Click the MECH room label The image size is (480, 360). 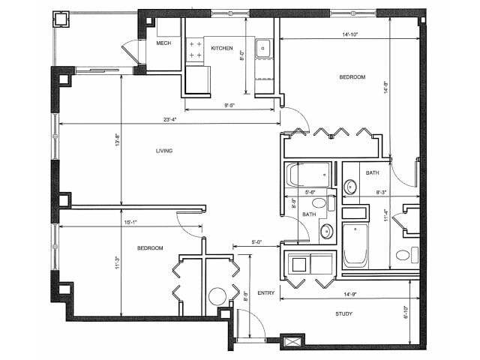click(163, 43)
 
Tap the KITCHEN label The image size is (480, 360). click(222, 48)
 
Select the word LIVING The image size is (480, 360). click(164, 151)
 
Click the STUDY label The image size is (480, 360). click(344, 313)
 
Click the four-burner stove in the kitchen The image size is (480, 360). click(195, 50)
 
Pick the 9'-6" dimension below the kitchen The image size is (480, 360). click(232, 106)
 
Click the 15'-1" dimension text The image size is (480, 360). click(131, 221)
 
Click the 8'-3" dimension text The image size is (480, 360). click(381, 192)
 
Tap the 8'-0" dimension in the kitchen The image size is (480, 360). click(241, 55)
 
